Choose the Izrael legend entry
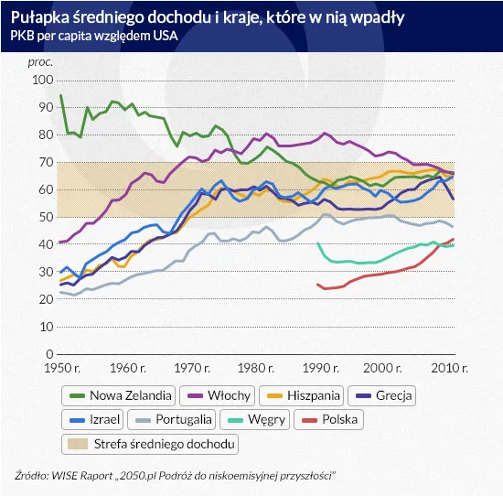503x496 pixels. (x=97, y=420)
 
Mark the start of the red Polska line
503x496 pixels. (x=317, y=285)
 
